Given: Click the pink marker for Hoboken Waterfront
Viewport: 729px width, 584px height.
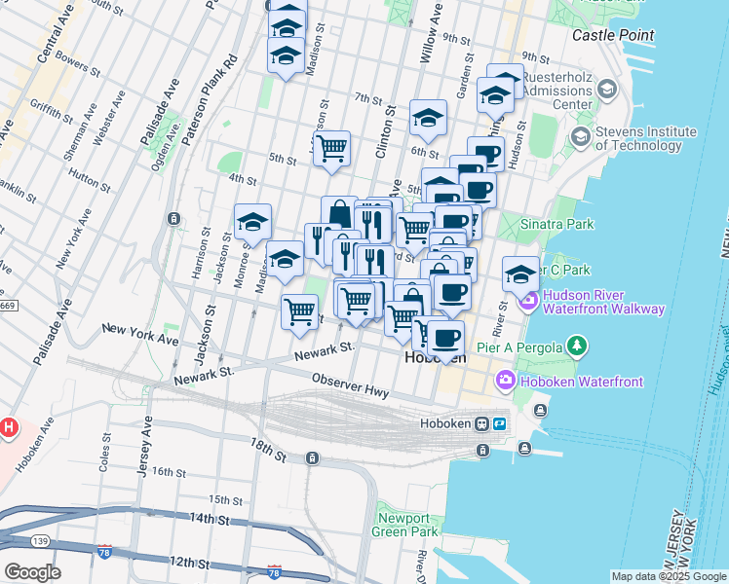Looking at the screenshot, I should click(x=506, y=380).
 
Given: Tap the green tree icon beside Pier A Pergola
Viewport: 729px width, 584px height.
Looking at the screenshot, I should click(x=578, y=345).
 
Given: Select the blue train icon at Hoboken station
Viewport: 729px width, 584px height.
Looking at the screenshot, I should click(x=498, y=424).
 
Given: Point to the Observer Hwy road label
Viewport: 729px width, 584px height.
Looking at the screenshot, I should click(x=350, y=385).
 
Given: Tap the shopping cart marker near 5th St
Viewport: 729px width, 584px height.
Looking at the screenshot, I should click(x=331, y=149).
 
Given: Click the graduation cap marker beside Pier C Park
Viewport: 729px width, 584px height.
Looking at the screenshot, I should click(x=520, y=272).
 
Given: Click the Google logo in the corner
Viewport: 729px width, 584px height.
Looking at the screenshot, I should click(x=32, y=570).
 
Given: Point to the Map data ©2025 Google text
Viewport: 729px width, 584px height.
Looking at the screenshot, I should click(x=668, y=576).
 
